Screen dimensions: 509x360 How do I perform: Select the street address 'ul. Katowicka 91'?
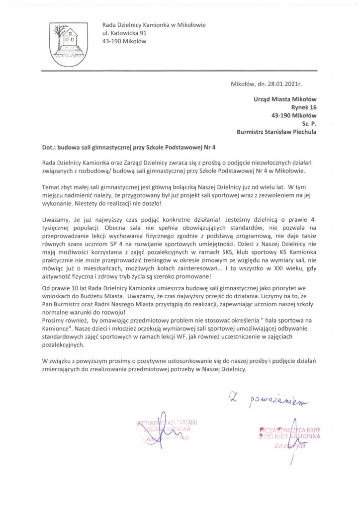124,33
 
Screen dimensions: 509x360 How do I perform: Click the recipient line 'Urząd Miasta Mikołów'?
285,99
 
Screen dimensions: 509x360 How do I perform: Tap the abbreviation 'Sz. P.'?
309,124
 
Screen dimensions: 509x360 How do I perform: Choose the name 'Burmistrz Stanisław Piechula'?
276,132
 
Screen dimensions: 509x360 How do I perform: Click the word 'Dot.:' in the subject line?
49,147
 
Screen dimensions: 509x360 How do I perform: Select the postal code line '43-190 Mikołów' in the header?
124,41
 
